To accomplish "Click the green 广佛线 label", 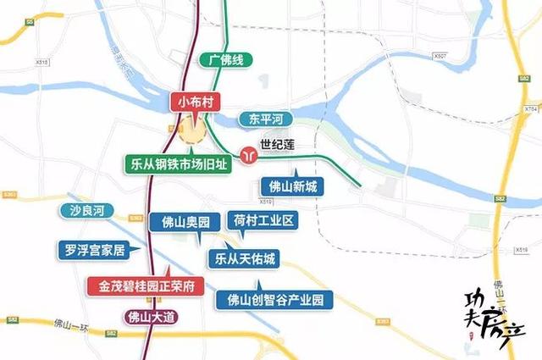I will click(x=226, y=61).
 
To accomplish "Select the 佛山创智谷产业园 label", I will click(x=275, y=299).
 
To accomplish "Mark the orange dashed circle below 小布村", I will click(x=192, y=133).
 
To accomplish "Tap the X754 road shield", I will click(x=531, y=109).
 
